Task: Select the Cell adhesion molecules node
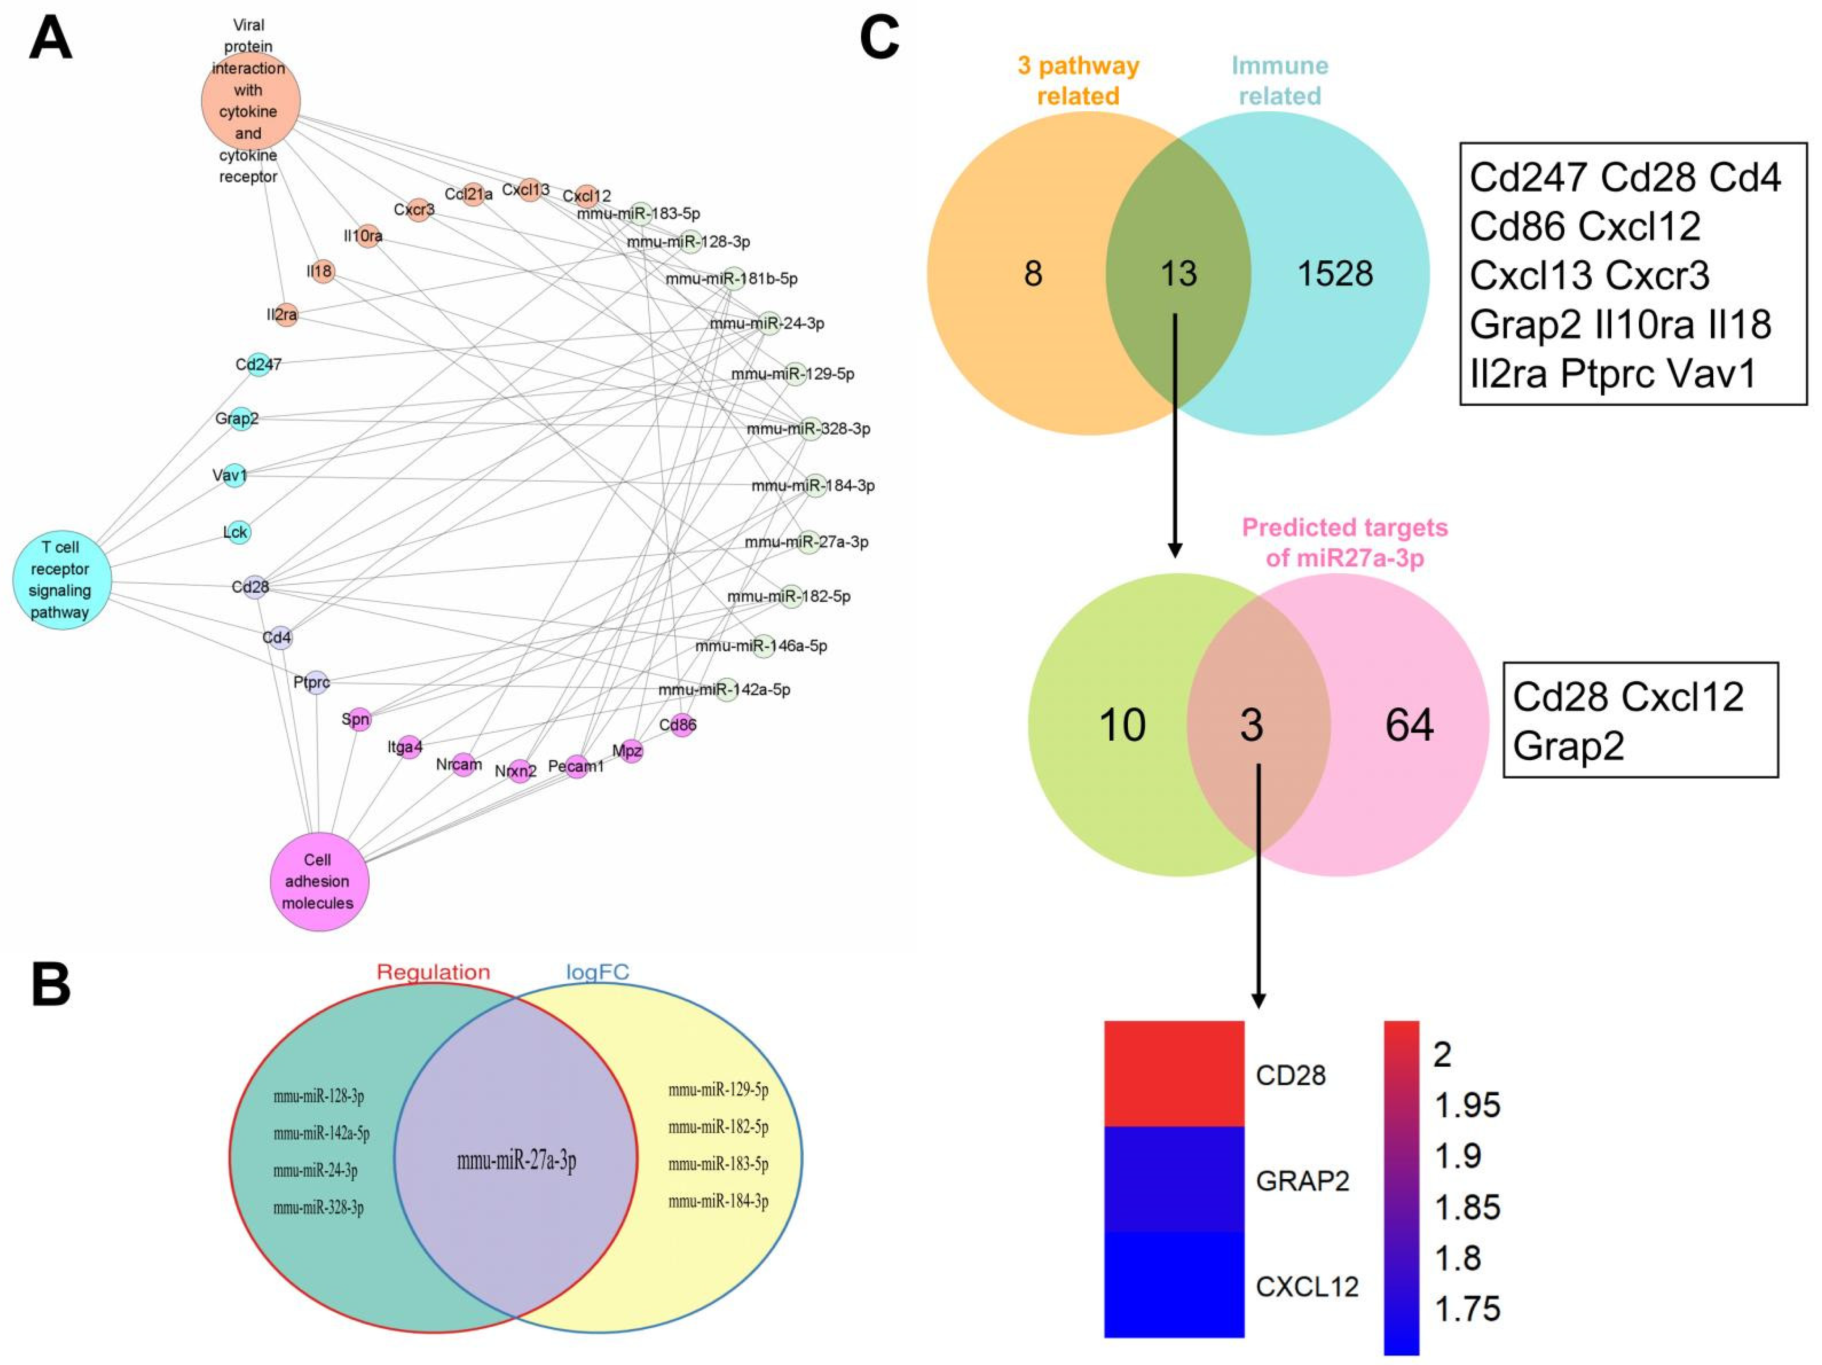[x=320, y=881]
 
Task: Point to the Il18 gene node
[x=321, y=271]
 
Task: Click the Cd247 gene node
[x=259, y=364]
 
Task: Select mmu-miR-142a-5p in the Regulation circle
[x=321, y=1134]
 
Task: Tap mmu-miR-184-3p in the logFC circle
[x=718, y=1201]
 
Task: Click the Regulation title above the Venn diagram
[x=433, y=972]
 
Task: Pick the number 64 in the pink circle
[x=1409, y=725]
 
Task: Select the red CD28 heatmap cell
[x=1174, y=1073]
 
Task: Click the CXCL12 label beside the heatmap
[x=1306, y=1286]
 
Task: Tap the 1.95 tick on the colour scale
[x=1467, y=1105]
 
